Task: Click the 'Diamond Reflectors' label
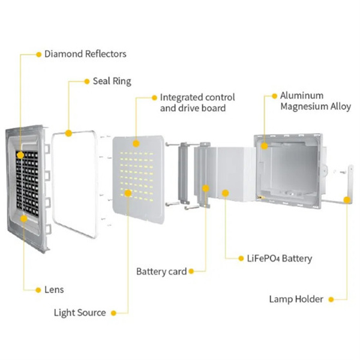[85, 54]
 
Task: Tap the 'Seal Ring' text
[112, 81]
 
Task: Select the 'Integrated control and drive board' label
[197, 103]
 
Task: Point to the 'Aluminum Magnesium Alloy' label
[316, 101]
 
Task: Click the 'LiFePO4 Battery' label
[280, 259]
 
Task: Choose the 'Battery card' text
[161, 271]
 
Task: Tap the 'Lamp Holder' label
[296, 299]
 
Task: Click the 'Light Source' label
[80, 313]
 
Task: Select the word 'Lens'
[54, 290]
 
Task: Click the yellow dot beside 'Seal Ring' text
[87, 82]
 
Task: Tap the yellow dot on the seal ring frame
[68, 133]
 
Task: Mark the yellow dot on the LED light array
[128, 193]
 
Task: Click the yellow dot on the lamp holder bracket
[347, 200]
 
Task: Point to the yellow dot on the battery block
[226, 193]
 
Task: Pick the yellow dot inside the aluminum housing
[264, 146]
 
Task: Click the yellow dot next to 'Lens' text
[38, 290]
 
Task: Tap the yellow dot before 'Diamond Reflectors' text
[38, 55]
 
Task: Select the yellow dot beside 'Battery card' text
[191, 272]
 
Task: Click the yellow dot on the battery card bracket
[206, 188]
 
